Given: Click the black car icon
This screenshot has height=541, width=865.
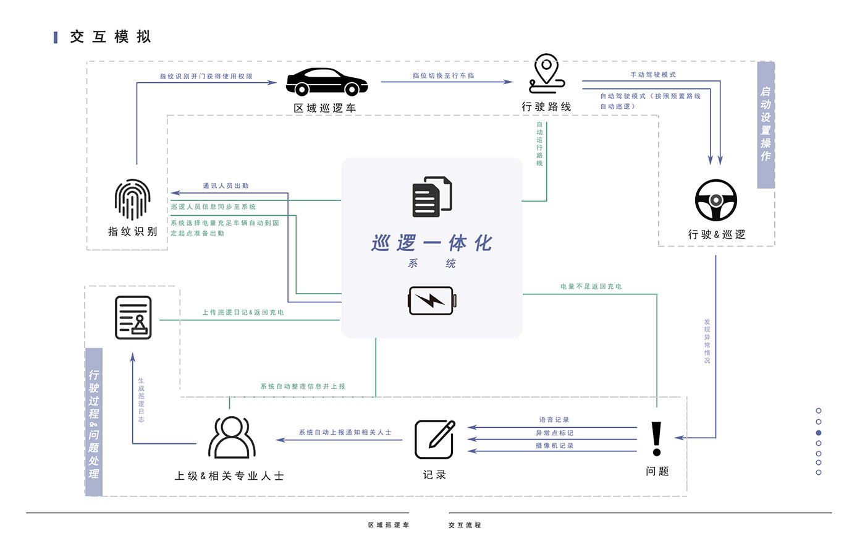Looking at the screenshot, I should point(327,82).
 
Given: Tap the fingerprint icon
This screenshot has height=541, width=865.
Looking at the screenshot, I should point(132,199).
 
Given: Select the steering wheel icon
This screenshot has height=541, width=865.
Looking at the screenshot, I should point(716,200).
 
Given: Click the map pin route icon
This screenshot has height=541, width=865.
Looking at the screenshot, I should point(547,74).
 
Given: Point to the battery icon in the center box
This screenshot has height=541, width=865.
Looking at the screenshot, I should point(432,301).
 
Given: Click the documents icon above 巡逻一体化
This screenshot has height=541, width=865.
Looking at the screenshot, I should point(432,197).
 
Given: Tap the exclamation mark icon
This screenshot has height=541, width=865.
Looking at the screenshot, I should point(656,439).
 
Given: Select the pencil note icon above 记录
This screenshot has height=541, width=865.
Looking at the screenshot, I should point(434,439).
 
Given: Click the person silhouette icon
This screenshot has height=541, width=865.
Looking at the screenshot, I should point(232,437).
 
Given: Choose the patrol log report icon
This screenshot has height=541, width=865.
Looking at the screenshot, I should point(133,317).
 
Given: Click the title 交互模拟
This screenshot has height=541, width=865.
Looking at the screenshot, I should point(111,37).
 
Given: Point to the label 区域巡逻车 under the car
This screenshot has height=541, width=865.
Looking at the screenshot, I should point(324,108).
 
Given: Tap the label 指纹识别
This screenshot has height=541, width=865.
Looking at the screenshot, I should point(132,231).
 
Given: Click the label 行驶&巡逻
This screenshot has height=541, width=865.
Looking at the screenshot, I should point(717,234).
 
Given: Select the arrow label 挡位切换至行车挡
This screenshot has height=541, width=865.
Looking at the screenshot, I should point(444,75).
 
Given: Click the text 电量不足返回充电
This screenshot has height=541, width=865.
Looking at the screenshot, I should point(591,286).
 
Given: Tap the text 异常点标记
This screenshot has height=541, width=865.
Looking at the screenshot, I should point(554,433).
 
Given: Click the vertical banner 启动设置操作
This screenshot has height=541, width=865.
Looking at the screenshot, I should point(766,124).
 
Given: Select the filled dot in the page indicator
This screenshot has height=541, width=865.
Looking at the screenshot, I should point(819,433).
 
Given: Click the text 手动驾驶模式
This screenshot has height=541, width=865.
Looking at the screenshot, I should point(652,75).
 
